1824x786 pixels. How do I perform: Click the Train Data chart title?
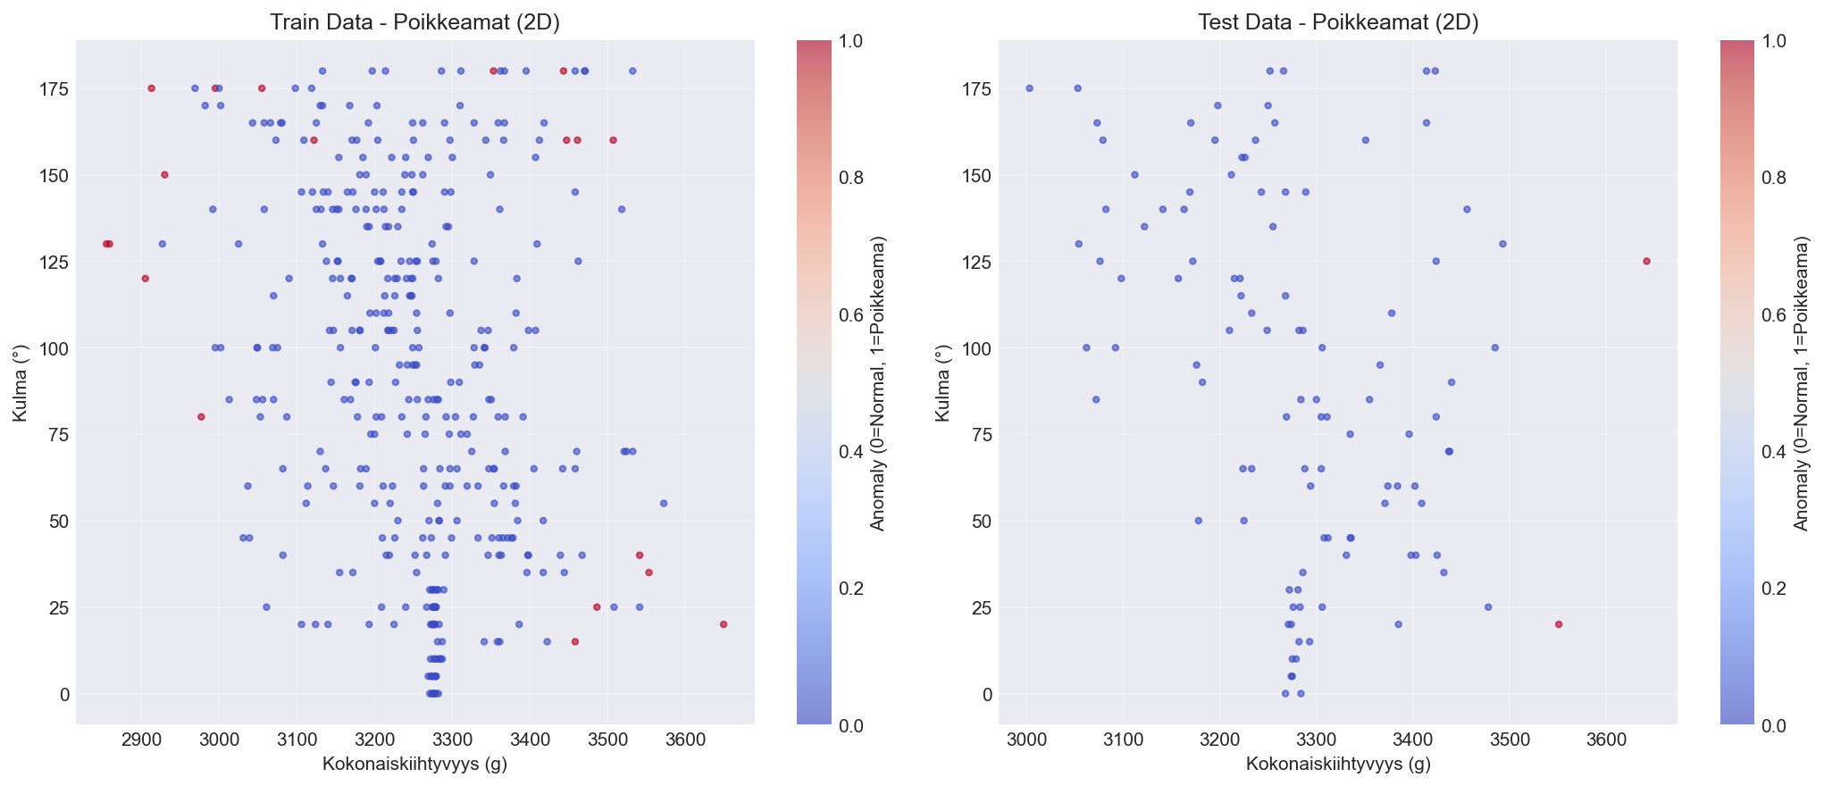tap(415, 23)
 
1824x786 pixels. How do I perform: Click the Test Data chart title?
tap(1338, 23)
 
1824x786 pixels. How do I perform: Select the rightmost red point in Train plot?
tap(724, 624)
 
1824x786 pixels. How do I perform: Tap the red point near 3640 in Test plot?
tap(1646, 262)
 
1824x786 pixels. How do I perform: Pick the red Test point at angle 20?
tap(1559, 624)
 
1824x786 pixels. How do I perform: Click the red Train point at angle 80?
tap(201, 417)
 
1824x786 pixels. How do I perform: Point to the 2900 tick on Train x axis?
tap(141, 741)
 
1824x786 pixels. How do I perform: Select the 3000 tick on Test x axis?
tap(1026, 741)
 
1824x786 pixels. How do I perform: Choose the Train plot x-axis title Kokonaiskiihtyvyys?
tap(415, 765)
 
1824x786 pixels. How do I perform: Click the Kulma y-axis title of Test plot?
tap(941, 382)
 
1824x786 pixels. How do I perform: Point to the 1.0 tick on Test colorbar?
tap(1774, 41)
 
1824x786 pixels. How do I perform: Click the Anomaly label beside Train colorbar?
tap(878, 382)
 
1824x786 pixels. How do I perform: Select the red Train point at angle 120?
tap(145, 279)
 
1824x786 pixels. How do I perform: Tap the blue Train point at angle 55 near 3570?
tap(664, 504)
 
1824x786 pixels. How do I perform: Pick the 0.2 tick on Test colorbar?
tap(1774, 588)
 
